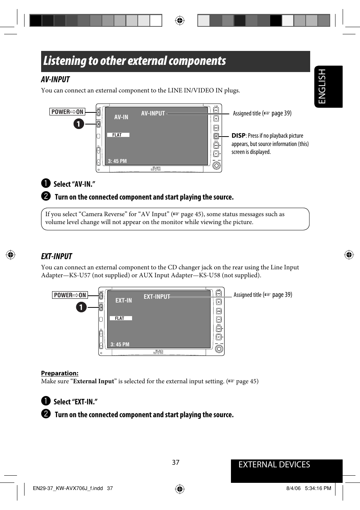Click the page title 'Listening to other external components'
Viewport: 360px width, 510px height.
134,61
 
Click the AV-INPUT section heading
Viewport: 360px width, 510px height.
55,80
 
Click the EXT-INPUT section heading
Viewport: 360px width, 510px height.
57,257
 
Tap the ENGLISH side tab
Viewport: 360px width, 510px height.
322,86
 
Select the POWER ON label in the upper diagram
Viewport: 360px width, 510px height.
67,112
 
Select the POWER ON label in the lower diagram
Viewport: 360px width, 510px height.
70,295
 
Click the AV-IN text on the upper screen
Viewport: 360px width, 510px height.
121,117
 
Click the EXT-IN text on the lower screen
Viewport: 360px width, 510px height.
123,301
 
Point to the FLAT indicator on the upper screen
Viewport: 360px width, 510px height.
117,135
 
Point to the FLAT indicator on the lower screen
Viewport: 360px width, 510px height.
120,318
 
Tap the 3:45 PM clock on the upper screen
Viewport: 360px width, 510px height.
117,161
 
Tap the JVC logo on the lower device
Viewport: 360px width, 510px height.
158,352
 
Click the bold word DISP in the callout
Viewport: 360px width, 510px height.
238,136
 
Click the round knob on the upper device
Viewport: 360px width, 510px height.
216,166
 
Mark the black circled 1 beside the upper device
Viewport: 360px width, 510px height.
78,124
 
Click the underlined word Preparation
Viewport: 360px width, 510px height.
60,373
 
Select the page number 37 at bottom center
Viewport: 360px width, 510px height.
176,462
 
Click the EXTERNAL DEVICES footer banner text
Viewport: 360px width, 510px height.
274,465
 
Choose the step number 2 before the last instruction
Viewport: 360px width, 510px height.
46,414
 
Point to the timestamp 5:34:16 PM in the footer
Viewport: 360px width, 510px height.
318,488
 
